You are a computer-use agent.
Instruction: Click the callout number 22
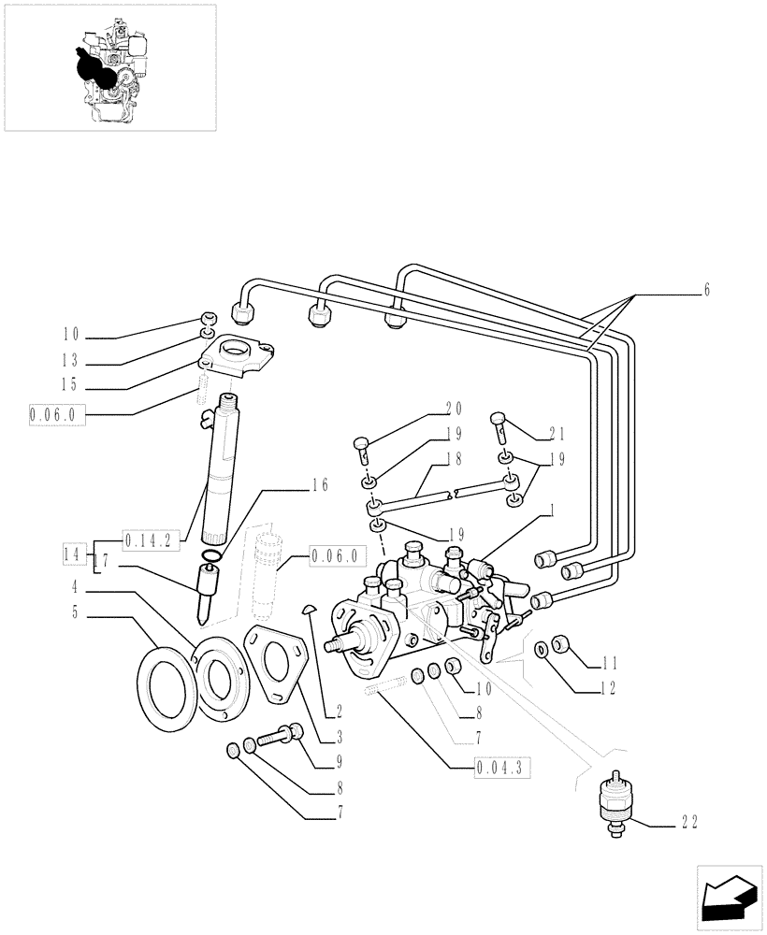(689, 822)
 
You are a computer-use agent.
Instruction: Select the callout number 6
(706, 291)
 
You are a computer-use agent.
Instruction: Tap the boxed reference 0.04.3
(502, 769)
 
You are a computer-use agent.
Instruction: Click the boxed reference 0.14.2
(151, 539)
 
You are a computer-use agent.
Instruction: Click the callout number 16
(320, 484)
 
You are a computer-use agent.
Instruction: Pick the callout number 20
(454, 408)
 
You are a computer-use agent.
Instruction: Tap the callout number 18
(454, 459)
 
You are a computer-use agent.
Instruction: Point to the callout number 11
(610, 665)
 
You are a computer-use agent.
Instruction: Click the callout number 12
(610, 689)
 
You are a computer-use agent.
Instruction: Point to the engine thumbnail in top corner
(110, 66)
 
